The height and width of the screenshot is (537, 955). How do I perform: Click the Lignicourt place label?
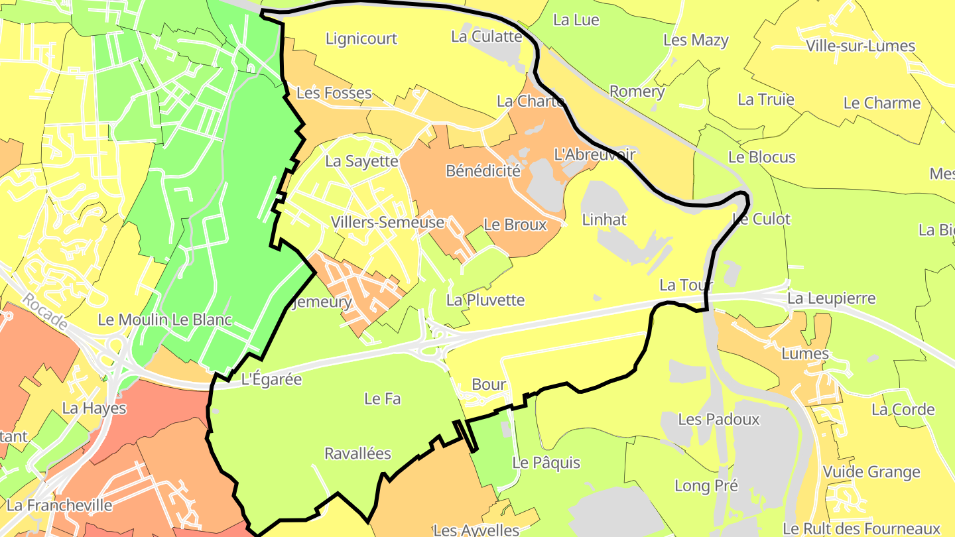click(x=361, y=38)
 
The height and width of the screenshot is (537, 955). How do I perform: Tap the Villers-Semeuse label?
click(x=388, y=223)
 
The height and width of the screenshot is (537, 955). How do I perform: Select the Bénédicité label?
click(x=483, y=171)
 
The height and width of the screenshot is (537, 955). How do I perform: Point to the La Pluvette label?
click(x=485, y=300)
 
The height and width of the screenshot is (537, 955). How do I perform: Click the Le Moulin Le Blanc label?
click(x=165, y=320)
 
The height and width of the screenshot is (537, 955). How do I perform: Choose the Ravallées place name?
click(x=357, y=454)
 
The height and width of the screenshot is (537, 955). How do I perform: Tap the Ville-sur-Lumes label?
click(x=861, y=46)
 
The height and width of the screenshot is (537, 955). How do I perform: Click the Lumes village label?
click(x=805, y=353)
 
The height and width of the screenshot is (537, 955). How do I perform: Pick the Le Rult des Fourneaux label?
click(x=861, y=528)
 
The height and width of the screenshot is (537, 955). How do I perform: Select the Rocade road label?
click(x=44, y=312)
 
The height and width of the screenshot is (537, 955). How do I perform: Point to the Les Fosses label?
click(x=334, y=93)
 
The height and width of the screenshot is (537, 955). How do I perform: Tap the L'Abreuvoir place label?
click(x=594, y=154)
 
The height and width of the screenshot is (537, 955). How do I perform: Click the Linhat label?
click(x=604, y=219)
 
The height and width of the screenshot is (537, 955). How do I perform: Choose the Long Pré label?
click(x=706, y=486)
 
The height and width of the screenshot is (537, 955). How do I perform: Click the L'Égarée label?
click(x=271, y=380)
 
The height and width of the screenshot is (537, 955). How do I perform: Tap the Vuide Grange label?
click(x=871, y=473)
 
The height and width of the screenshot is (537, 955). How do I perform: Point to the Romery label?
click(x=637, y=91)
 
